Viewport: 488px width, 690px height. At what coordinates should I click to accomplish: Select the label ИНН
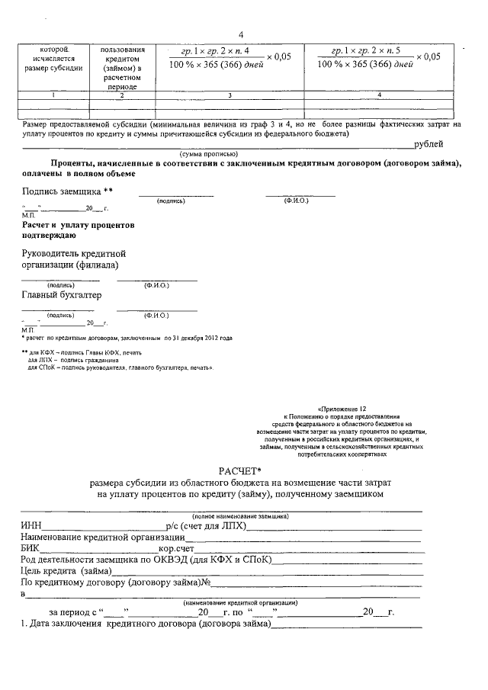(33, 526)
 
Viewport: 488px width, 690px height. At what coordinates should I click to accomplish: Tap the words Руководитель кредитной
(73, 252)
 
